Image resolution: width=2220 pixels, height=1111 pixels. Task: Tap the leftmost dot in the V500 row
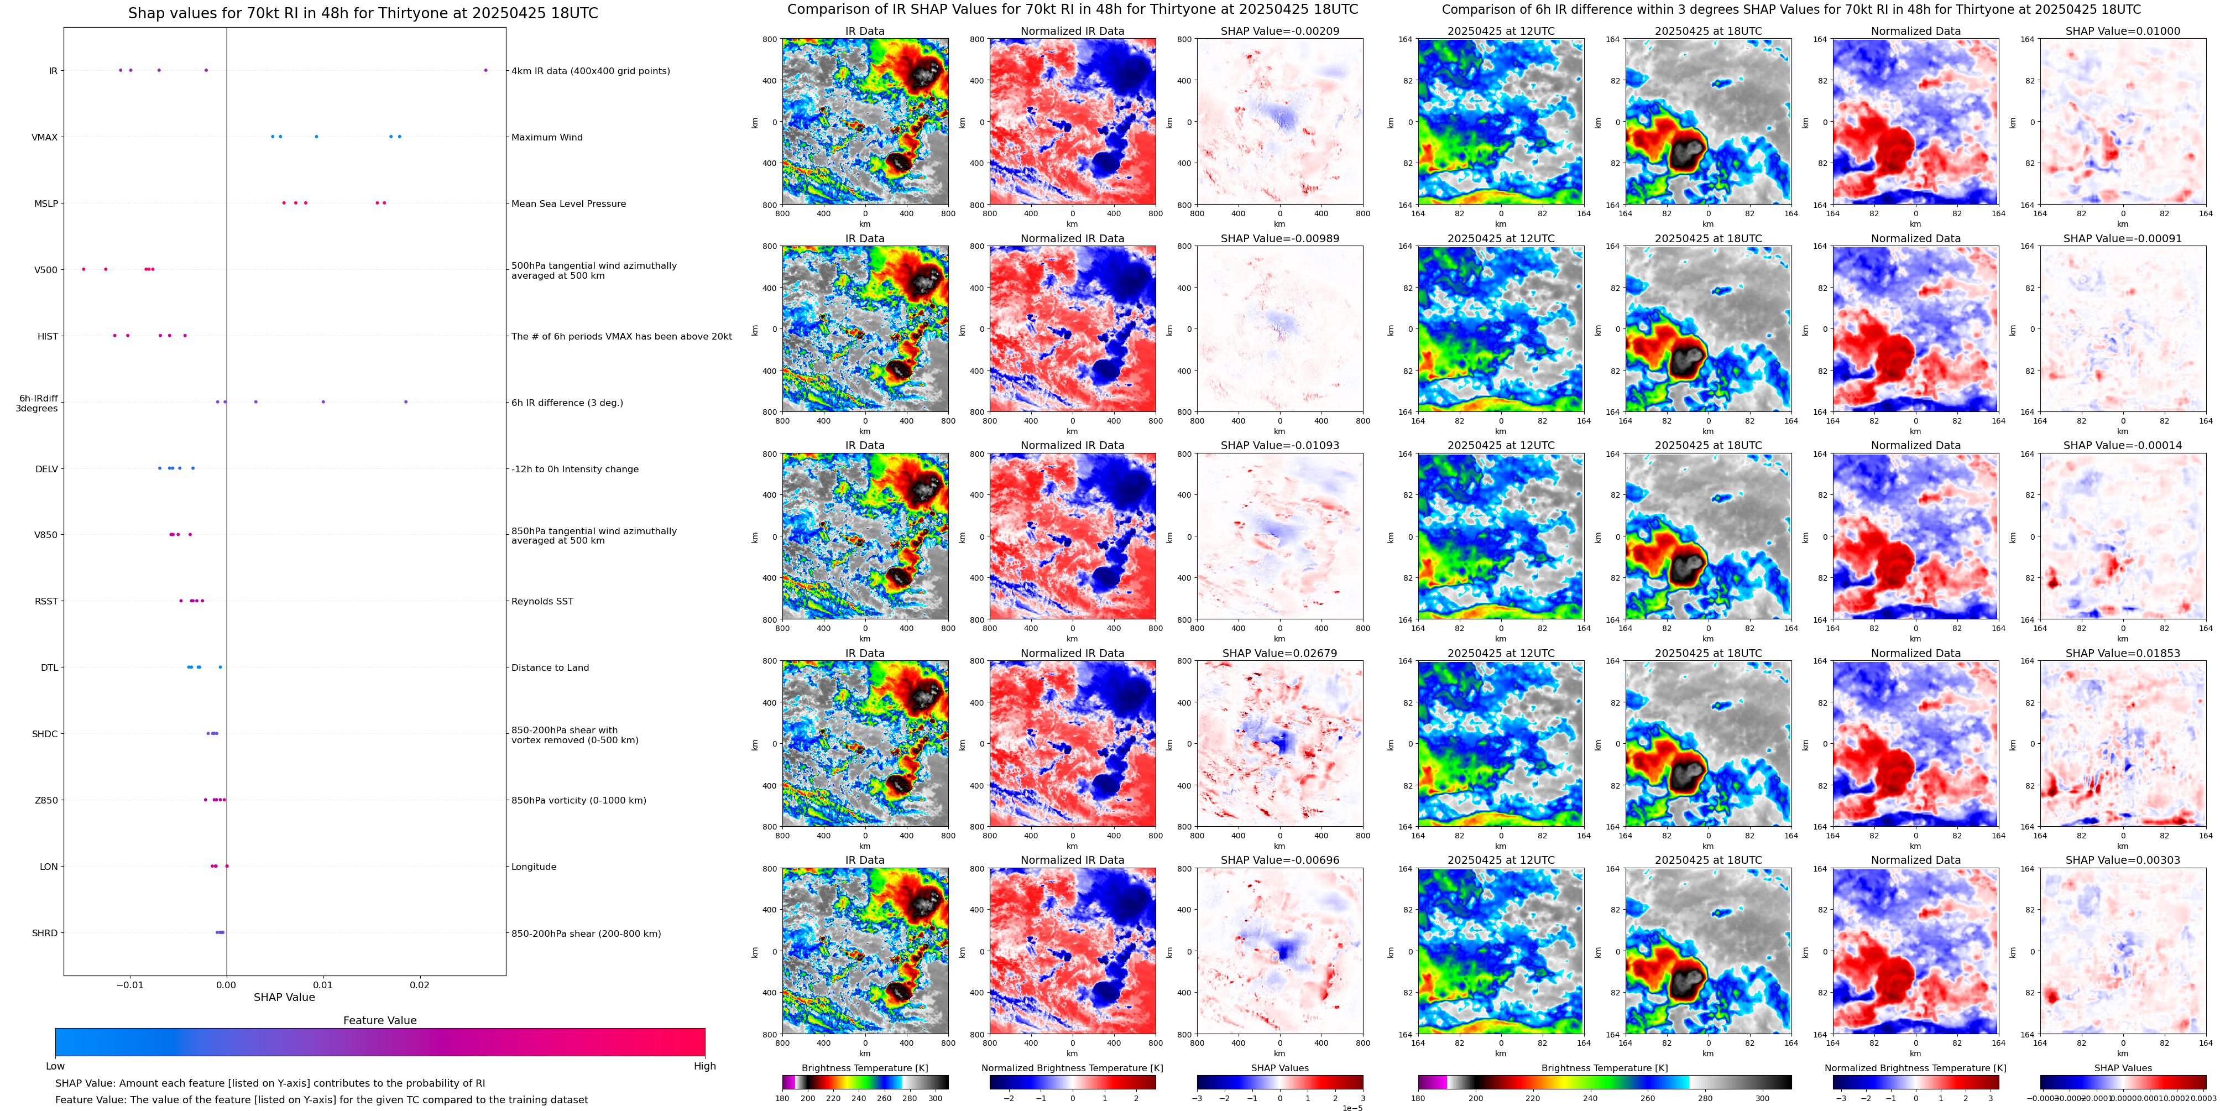(x=83, y=269)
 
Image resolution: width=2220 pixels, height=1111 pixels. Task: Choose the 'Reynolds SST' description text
(x=541, y=602)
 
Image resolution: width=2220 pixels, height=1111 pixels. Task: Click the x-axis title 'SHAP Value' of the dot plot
(x=284, y=997)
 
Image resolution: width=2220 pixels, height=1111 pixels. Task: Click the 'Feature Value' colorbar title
(x=379, y=1020)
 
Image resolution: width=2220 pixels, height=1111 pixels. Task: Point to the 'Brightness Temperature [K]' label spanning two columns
(x=1604, y=1068)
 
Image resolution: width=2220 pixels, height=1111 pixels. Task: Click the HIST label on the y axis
(x=48, y=336)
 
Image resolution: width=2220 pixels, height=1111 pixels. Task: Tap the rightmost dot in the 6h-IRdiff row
(x=406, y=401)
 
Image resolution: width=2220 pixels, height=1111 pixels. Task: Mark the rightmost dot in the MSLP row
(x=384, y=202)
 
